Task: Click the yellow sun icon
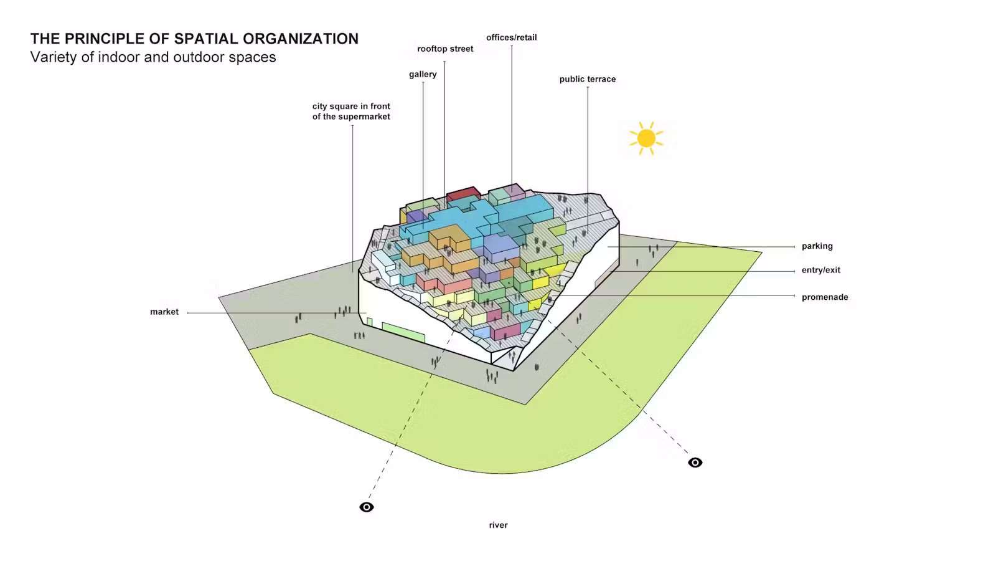click(646, 138)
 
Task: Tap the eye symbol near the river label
click(367, 507)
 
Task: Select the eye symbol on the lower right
click(695, 463)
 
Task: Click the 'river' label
click(498, 525)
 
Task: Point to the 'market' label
click(164, 312)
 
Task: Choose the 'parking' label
click(817, 246)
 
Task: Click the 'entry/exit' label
click(821, 271)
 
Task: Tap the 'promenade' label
click(825, 297)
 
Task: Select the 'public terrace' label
click(588, 79)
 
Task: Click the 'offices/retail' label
click(511, 38)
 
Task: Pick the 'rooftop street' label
click(445, 49)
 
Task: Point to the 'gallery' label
click(423, 74)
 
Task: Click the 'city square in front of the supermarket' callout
click(351, 112)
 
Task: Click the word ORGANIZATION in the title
click(301, 39)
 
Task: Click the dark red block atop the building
click(463, 194)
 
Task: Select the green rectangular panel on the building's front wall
click(403, 332)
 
